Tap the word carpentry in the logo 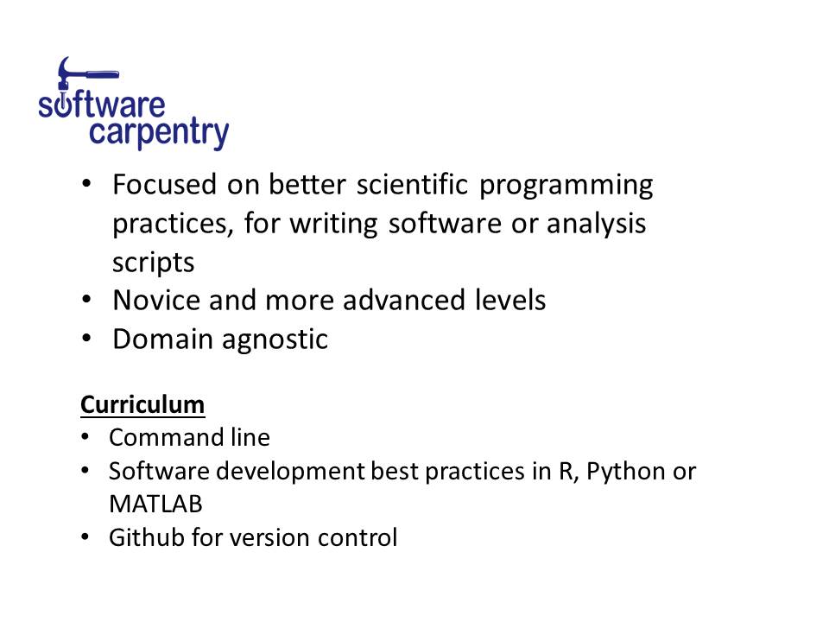pos(159,132)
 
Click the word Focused pos(164,184)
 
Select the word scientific pos(413,184)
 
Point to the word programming pos(566,187)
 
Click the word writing pos(333,225)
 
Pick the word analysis pos(596,225)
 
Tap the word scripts pos(154,263)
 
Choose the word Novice pos(156,300)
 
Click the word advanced pos(404,300)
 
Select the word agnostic pos(275,340)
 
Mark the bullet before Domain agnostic pos(86,338)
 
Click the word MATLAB pos(155,504)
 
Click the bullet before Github pos(85,537)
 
